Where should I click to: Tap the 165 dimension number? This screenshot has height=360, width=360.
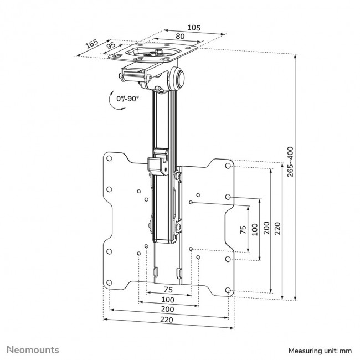point(91,42)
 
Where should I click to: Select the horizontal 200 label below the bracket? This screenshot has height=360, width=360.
point(166,309)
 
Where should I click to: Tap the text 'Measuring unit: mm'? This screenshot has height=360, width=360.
point(320,351)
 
